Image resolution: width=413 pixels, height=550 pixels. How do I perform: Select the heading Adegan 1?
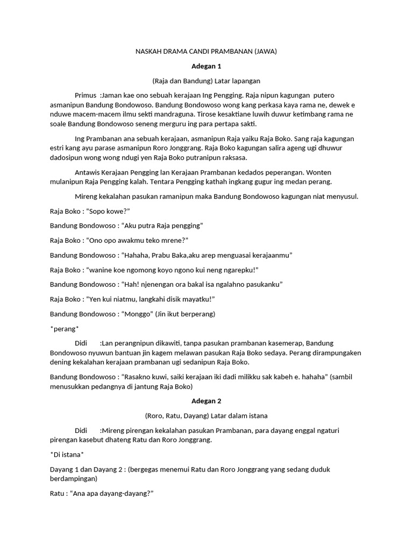coord(206,66)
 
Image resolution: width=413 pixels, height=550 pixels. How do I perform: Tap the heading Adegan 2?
coord(206,401)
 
